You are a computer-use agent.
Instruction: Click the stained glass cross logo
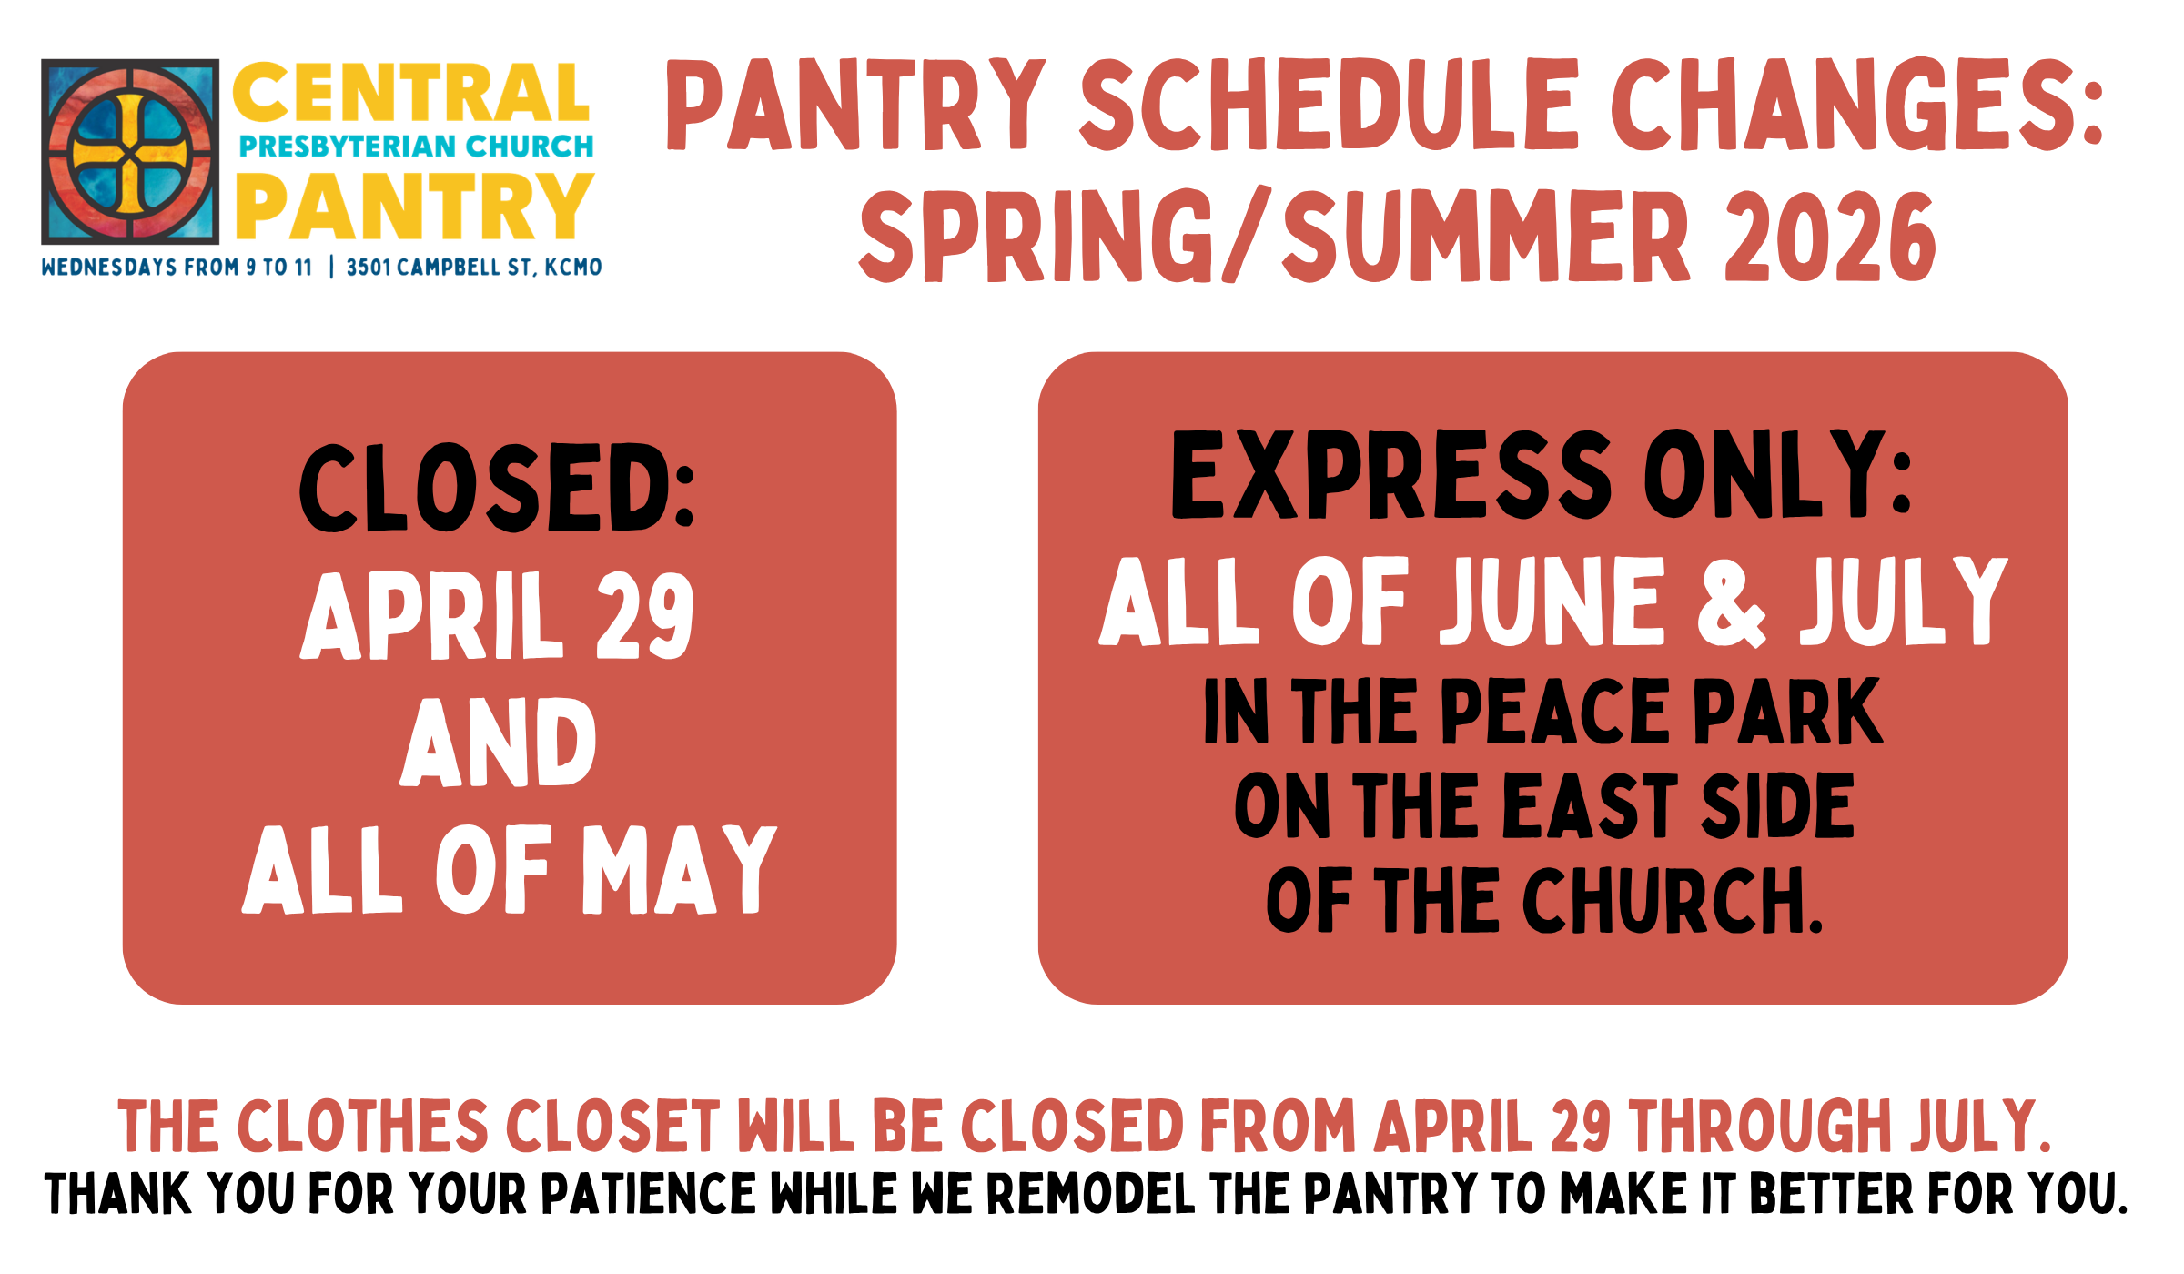coord(130,152)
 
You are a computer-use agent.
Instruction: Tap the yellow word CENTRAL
coord(411,93)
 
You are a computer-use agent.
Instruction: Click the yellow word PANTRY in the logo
coord(415,207)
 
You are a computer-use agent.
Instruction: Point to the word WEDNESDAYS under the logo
coord(109,268)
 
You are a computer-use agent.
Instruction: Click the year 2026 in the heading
coord(1829,238)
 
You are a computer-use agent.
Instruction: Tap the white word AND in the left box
coord(499,743)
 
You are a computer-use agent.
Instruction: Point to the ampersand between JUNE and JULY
coord(1731,602)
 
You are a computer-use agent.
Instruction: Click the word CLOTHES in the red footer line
coord(363,1127)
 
